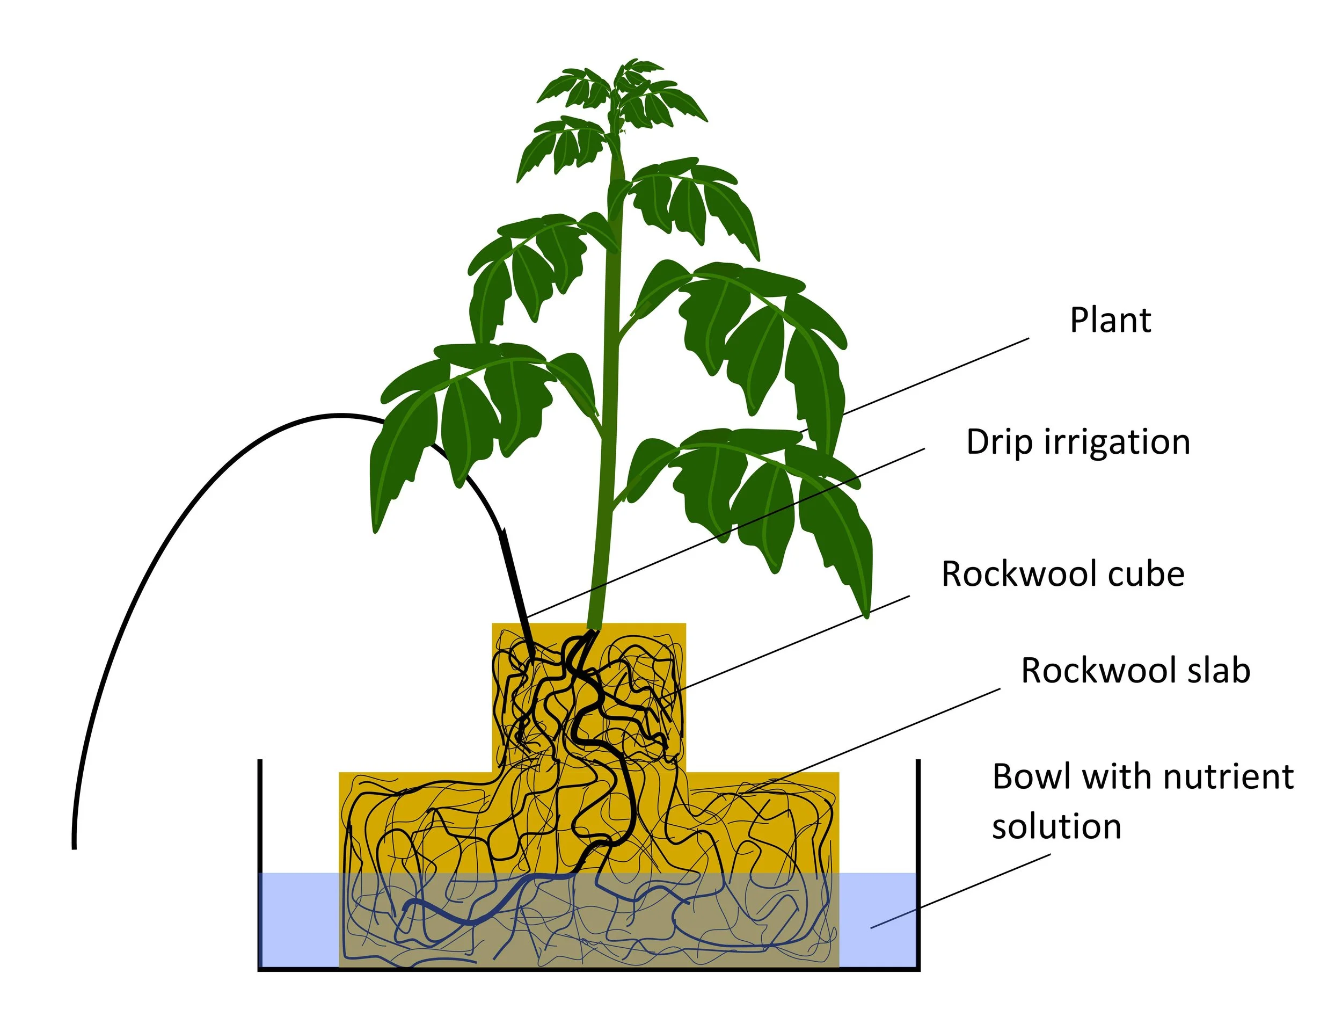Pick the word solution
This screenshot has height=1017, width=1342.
pos(1056,826)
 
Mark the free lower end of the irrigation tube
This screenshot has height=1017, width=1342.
pos(74,844)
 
